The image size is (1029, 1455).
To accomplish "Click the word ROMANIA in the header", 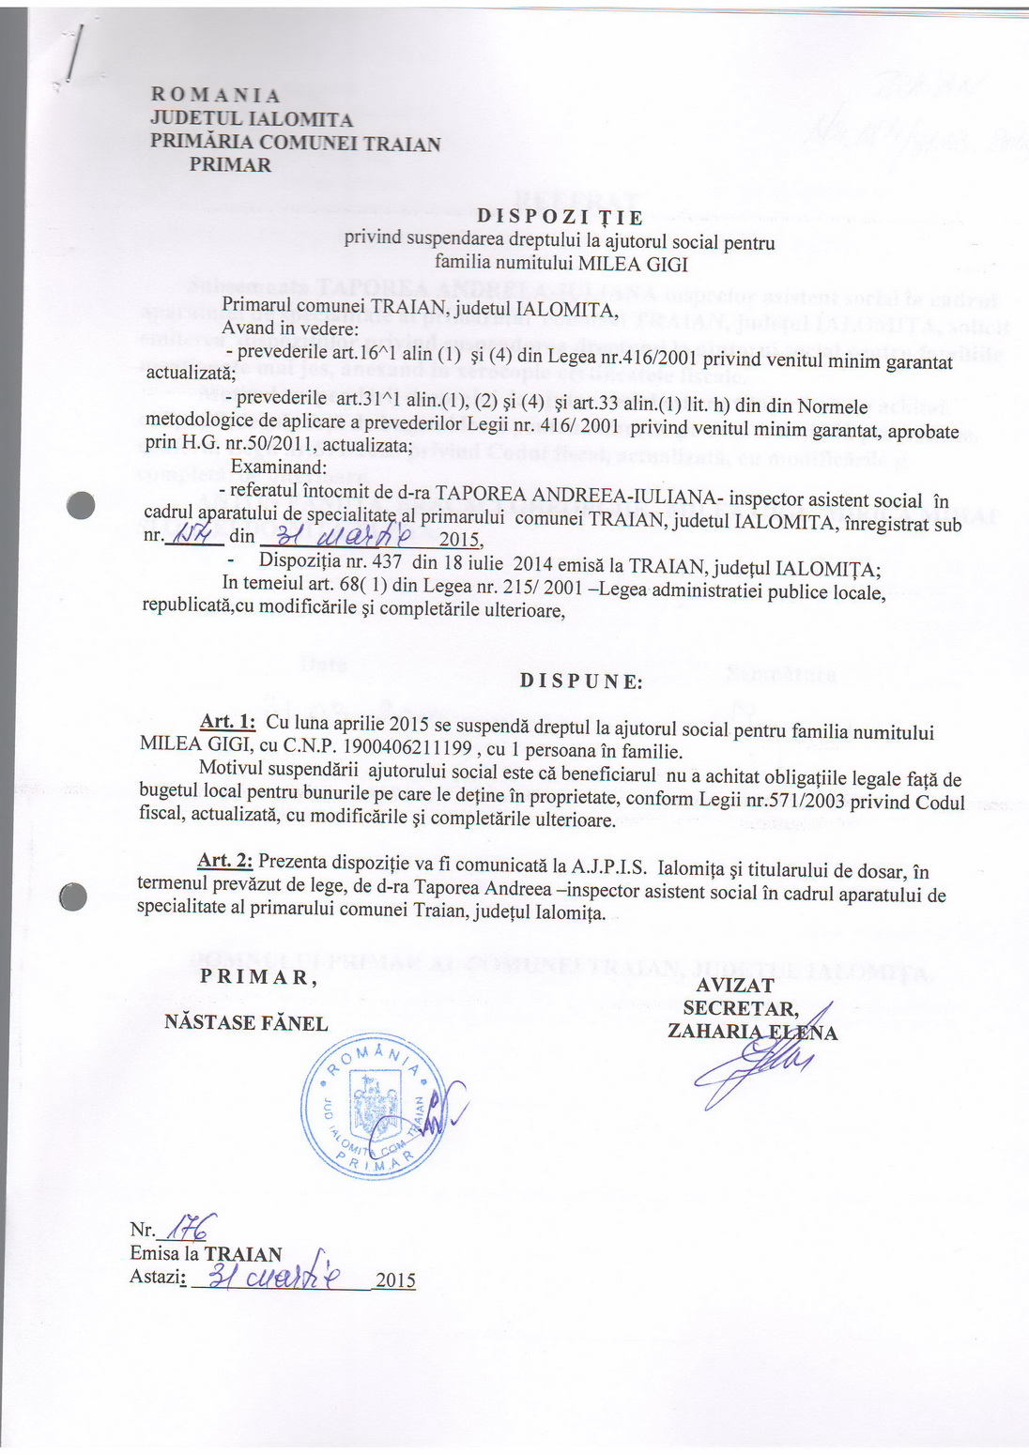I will [215, 96].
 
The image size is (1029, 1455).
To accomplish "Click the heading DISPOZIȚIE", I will [560, 218].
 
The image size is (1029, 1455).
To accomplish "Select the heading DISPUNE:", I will [581, 682].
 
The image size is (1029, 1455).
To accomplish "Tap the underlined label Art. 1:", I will [228, 721].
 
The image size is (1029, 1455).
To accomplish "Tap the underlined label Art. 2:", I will [224, 861].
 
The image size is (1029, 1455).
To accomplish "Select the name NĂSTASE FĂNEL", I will [246, 1023].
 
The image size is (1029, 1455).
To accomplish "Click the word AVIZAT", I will [735, 986].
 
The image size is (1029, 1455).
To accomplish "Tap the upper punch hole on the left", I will [82, 505].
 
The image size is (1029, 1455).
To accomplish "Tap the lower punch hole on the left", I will [73, 897].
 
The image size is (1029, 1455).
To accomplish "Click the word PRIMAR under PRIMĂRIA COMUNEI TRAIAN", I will [230, 165].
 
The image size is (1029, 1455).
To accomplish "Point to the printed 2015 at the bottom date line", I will [395, 1281].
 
